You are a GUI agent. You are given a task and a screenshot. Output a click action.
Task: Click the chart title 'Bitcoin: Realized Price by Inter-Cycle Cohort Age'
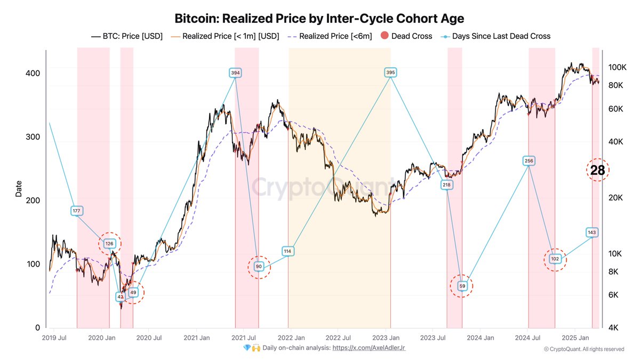coord(319,18)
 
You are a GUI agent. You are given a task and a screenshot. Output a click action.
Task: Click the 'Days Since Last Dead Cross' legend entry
coord(496,36)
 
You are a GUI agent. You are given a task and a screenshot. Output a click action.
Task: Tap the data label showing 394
coord(235,73)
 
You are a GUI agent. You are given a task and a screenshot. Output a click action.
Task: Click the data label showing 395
coord(390,73)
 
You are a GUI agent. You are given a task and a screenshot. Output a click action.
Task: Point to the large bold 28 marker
coord(597,170)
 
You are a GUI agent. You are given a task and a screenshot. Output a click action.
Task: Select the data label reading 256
coord(529,161)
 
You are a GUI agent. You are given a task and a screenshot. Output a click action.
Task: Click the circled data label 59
coord(462,286)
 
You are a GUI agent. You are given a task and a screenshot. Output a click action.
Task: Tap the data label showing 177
coord(77,211)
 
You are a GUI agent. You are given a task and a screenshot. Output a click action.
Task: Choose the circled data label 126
coord(109,244)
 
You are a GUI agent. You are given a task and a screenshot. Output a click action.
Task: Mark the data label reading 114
coord(288,251)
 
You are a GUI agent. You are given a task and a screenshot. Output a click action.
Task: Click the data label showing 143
coord(591,233)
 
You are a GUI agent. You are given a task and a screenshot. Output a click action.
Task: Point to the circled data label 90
coord(259,267)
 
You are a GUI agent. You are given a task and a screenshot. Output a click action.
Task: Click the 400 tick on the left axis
coord(34,73)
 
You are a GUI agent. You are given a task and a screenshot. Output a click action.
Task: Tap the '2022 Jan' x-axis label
coord(291,338)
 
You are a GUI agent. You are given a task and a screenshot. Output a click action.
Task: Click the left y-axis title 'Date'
coord(19,189)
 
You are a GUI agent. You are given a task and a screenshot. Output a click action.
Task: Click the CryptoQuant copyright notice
coord(583,349)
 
